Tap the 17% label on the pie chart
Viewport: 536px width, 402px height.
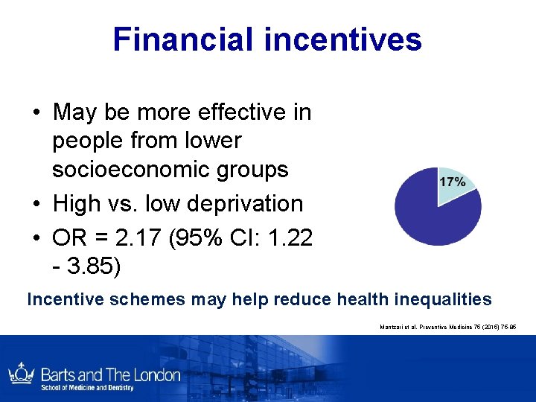click(453, 182)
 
